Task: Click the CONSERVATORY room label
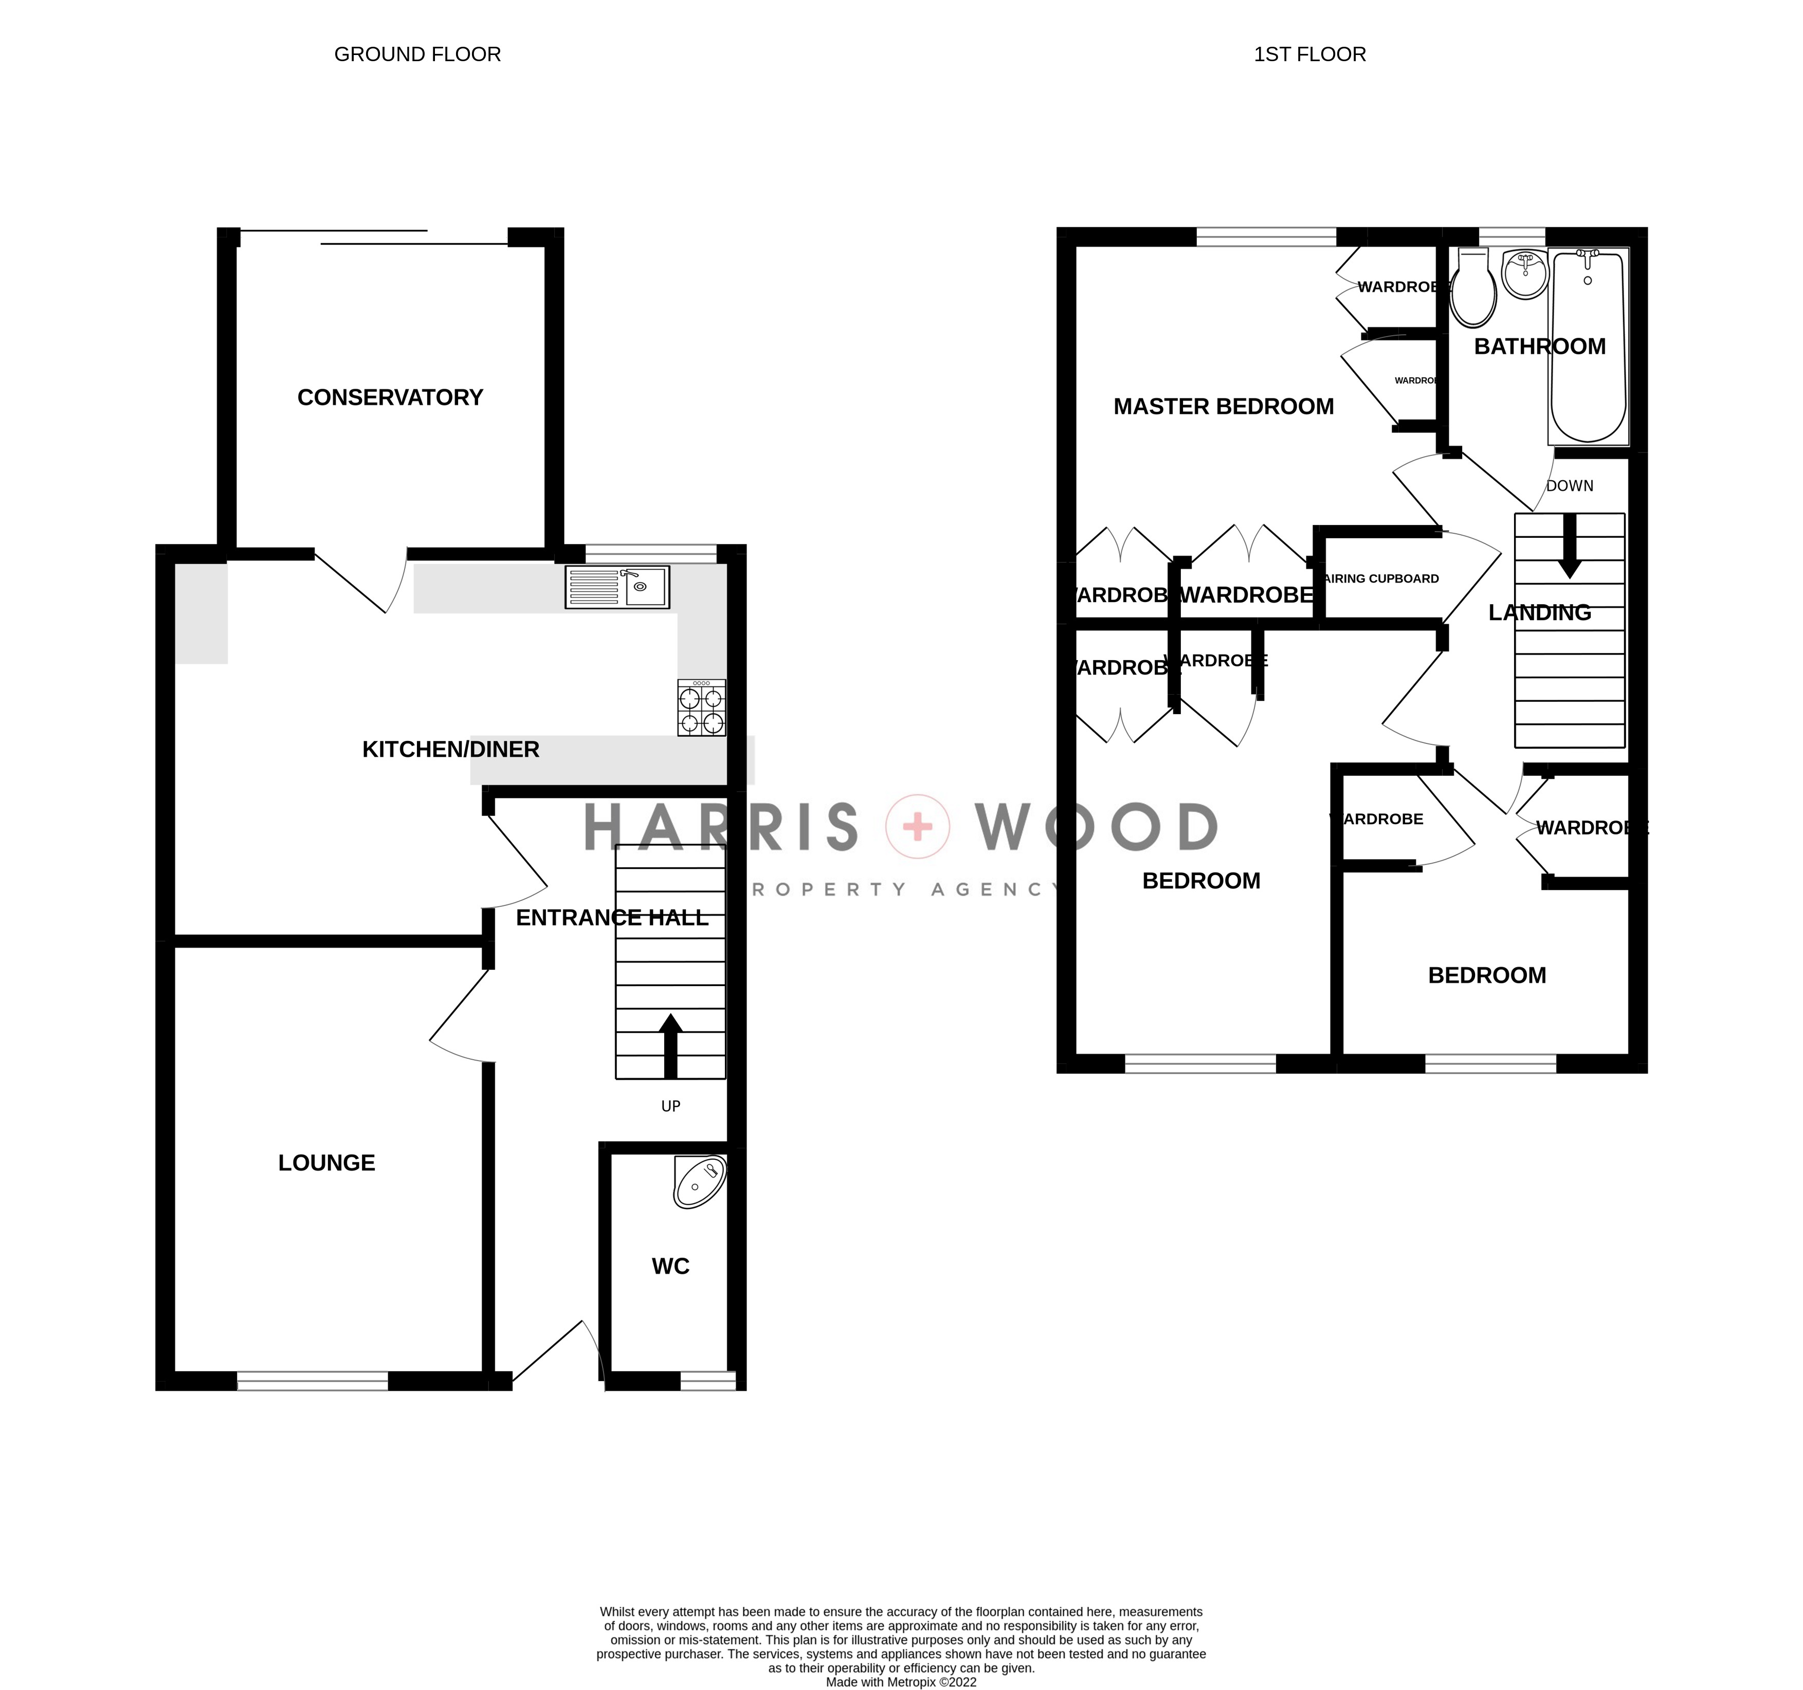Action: tap(390, 397)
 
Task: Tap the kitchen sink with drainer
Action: tap(617, 587)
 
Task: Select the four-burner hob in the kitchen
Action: tap(701, 708)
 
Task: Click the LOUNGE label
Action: tap(326, 1163)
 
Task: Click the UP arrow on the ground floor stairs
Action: tap(670, 1045)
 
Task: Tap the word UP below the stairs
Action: tap(670, 1106)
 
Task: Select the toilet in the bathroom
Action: tap(1473, 288)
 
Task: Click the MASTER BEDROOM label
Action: tap(1224, 406)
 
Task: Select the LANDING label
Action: tap(1539, 613)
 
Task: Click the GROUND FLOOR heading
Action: tap(417, 54)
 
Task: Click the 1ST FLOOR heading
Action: tap(1309, 54)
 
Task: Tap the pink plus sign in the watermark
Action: tap(918, 826)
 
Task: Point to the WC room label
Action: tap(670, 1266)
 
